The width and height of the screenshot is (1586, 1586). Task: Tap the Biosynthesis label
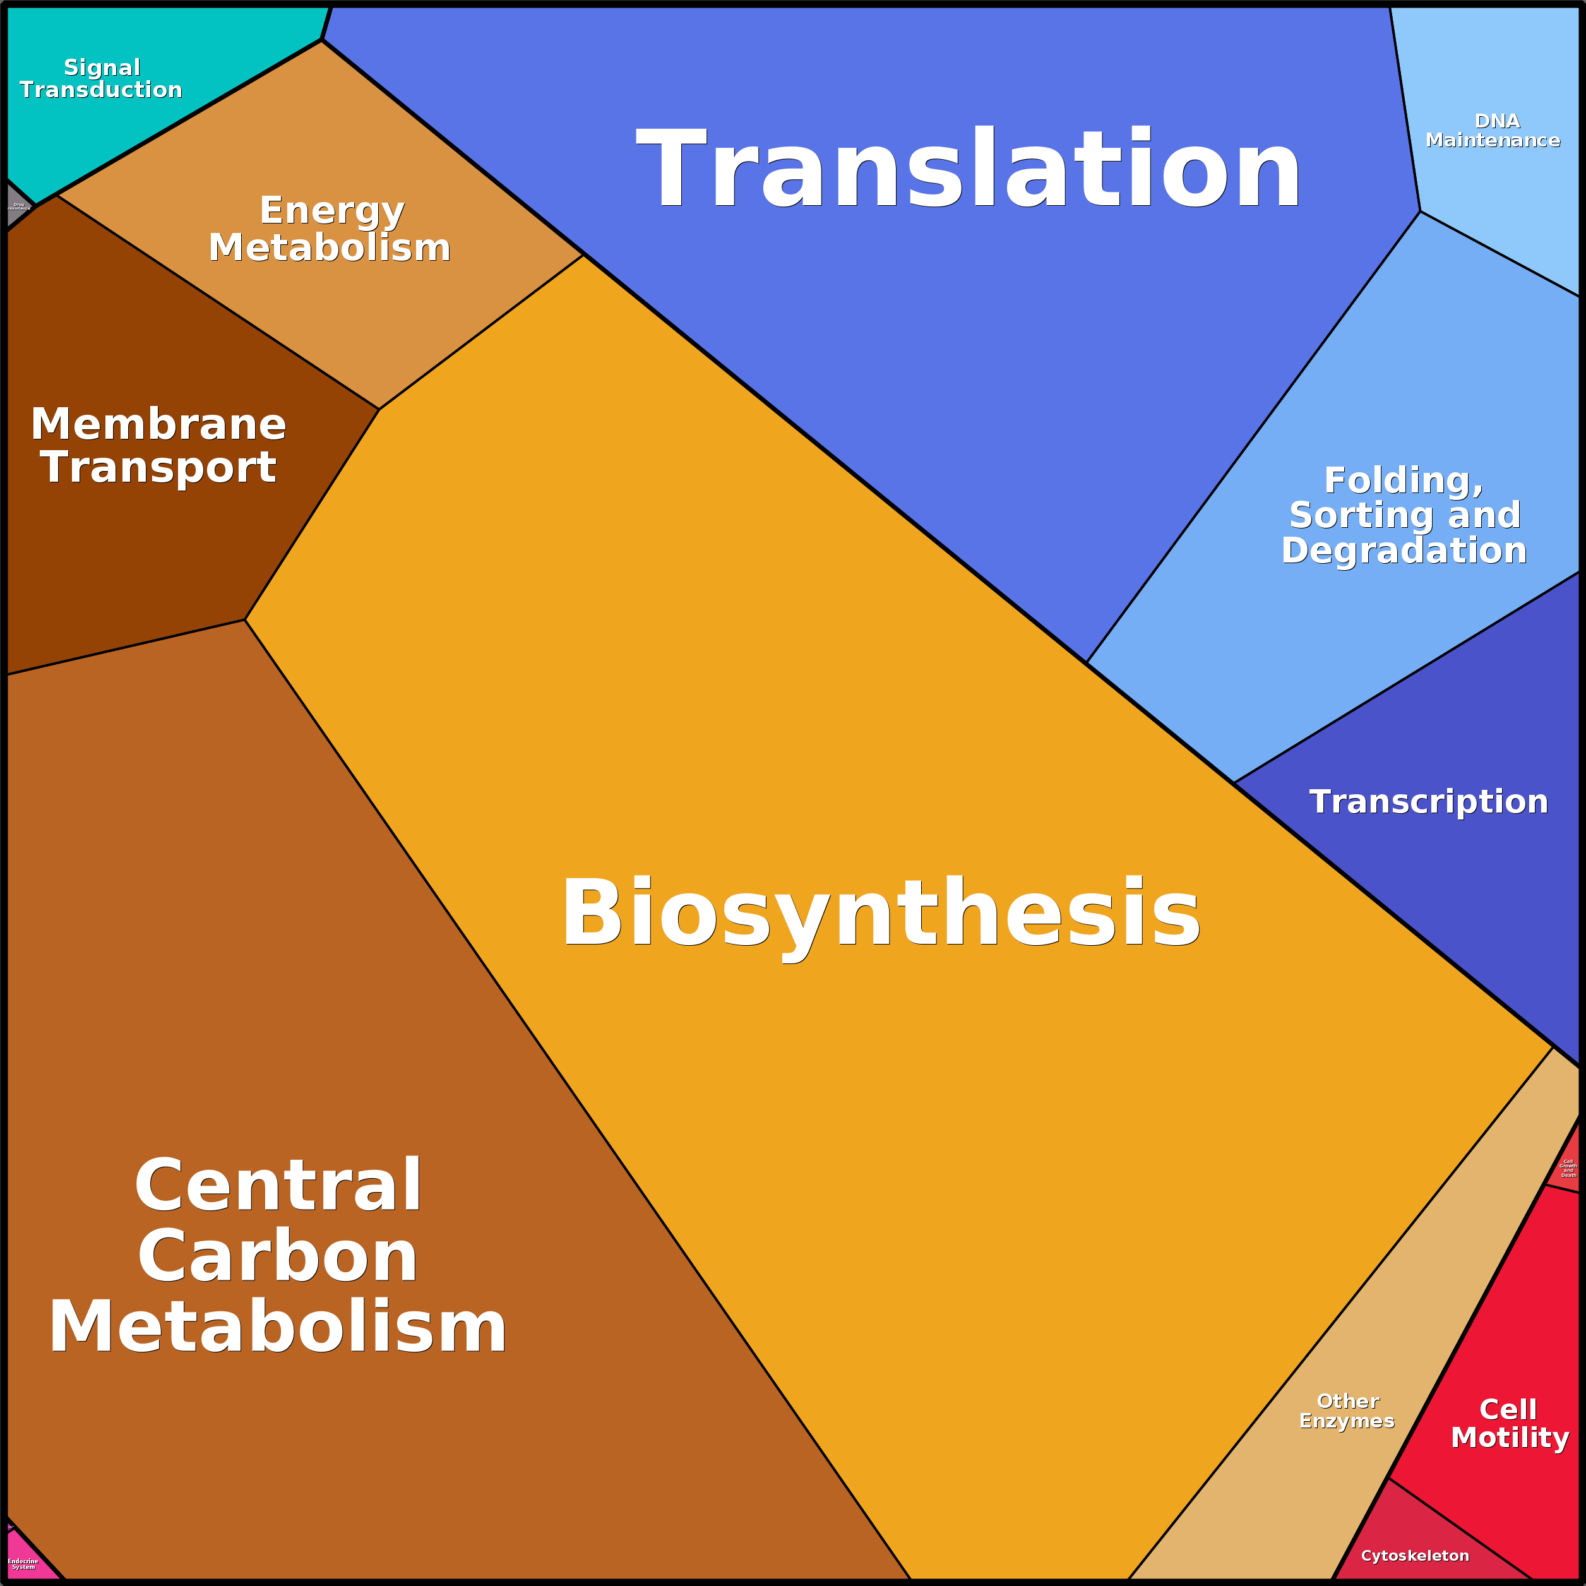pos(880,913)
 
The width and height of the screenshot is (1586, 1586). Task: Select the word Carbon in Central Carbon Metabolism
pos(277,1257)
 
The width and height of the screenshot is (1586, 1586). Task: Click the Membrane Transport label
pos(158,446)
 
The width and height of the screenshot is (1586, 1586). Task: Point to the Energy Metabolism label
pos(330,229)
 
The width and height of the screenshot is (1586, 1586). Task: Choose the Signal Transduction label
pos(101,79)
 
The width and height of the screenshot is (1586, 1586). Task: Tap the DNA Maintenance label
pos(1493,131)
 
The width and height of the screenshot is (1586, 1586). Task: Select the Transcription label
pos(1428,802)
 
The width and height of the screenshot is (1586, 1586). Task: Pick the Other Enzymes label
pos(1347,1411)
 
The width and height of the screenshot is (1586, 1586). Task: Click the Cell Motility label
pos(1510,1424)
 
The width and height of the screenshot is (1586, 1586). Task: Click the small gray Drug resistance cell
pos(16,205)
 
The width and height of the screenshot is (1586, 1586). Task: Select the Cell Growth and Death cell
pos(1567,1168)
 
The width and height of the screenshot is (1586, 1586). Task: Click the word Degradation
pos(1404,551)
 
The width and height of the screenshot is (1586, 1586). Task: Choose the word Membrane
pos(158,424)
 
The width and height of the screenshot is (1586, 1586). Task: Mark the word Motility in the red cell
pos(1510,1438)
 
